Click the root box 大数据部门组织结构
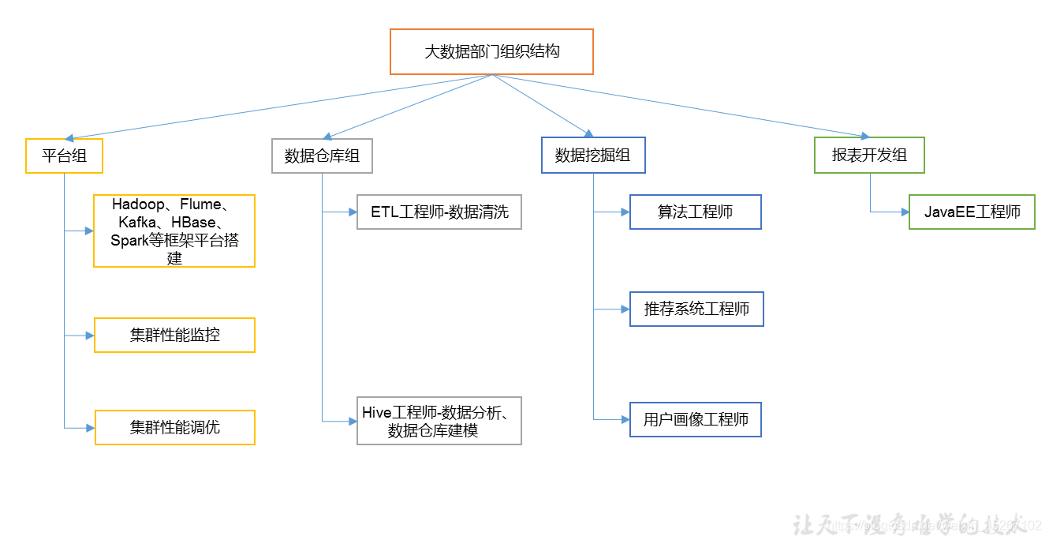(x=491, y=52)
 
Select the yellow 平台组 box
(x=65, y=156)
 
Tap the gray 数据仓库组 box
(x=322, y=156)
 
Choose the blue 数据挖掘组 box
(x=592, y=156)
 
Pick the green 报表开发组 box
(x=869, y=156)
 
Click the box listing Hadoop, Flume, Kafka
(x=174, y=231)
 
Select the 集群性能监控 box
(x=174, y=336)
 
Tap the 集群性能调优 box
(x=174, y=427)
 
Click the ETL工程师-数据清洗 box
(x=439, y=212)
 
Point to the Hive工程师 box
(x=439, y=421)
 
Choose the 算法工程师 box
(x=695, y=212)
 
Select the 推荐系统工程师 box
(x=696, y=309)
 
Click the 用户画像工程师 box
(x=695, y=419)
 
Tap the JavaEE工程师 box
(x=972, y=212)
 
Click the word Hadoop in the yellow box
(x=138, y=204)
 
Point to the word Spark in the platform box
(x=129, y=241)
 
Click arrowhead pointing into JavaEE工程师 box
(x=905, y=212)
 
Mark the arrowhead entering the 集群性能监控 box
(x=90, y=336)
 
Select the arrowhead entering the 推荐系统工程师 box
(x=625, y=309)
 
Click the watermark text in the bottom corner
(x=915, y=525)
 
